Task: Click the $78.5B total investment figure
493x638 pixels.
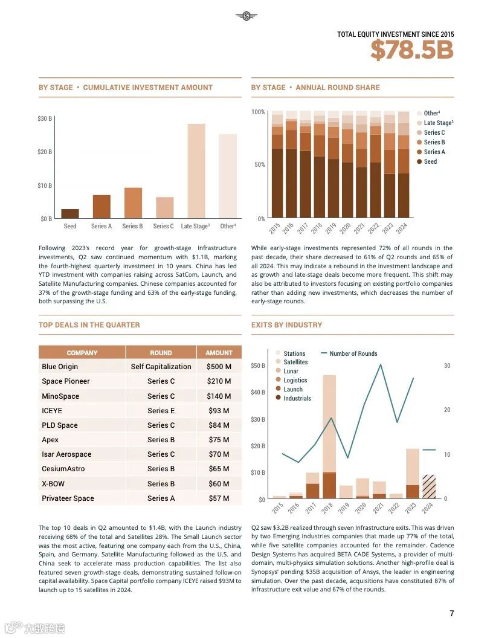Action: tap(411, 51)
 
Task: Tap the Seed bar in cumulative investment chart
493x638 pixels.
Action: tap(70, 213)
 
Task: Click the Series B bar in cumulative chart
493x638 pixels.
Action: tap(133, 203)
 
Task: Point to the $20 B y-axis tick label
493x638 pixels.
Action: tap(45, 152)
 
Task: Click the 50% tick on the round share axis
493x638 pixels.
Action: tap(259, 165)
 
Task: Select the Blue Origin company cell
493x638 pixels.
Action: tap(60, 367)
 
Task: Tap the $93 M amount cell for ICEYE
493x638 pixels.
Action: tap(218, 411)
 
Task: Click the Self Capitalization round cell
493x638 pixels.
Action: tap(161, 367)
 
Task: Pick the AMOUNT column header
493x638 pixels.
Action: tap(219, 353)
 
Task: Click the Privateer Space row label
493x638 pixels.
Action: tap(68, 498)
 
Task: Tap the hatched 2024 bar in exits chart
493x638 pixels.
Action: tap(428, 486)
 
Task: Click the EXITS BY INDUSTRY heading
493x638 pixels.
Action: tap(286, 325)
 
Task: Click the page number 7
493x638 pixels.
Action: tap(451, 613)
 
